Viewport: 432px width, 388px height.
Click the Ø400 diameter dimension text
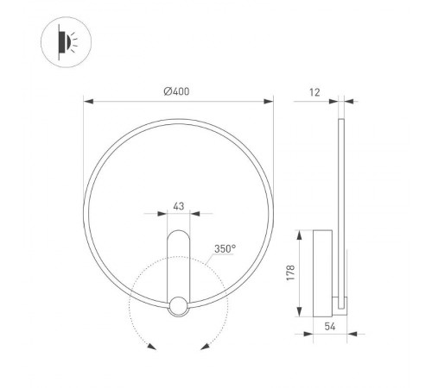coord(178,92)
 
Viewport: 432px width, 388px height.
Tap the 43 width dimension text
coord(179,206)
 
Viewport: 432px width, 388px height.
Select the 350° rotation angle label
coord(226,249)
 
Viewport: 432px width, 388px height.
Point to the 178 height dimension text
coord(291,272)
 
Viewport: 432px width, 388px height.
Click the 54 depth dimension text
coord(329,326)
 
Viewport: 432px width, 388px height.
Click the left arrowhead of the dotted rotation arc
coord(151,347)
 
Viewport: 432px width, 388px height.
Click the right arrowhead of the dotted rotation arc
coord(206,347)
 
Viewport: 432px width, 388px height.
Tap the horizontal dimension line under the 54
coord(329,316)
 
